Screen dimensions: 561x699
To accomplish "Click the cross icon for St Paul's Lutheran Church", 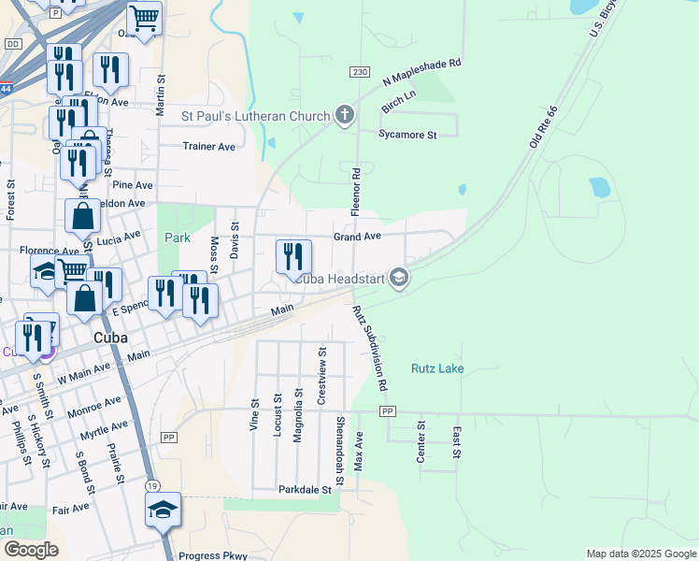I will [345, 116].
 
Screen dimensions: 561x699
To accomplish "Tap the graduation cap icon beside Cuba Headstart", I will [399, 278].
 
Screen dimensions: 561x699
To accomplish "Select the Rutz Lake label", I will [437, 368].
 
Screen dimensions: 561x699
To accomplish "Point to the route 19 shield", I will [151, 486].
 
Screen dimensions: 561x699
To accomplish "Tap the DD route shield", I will [12, 44].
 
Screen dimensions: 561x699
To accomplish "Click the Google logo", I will [30, 550].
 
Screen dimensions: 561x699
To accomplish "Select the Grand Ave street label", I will [357, 237].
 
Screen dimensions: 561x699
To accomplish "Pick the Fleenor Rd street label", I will [355, 192].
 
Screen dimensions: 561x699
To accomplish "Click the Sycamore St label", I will [407, 135].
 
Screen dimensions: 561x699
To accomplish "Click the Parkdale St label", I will [305, 489].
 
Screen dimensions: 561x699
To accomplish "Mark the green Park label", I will [178, 237].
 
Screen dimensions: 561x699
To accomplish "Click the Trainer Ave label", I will [208, 147].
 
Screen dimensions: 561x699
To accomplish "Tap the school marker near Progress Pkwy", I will [164, 511].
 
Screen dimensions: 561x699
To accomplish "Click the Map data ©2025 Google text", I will [640, 554].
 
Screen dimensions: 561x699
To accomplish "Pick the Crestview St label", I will [321, 381].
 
